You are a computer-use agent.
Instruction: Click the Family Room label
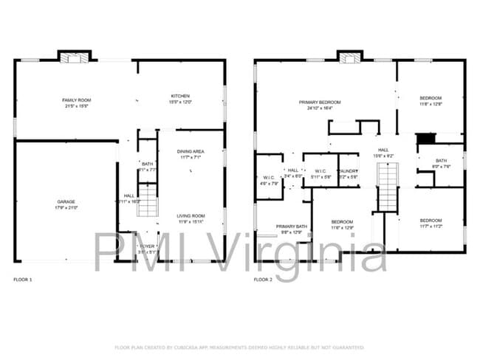pos(75,99)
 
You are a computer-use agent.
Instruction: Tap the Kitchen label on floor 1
pos(181,96)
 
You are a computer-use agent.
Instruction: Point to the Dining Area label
pos(191,151)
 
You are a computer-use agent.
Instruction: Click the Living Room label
pos(191,215)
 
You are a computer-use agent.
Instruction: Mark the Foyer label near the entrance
pos(148,246)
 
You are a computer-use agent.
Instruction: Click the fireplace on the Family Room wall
pos(74,56)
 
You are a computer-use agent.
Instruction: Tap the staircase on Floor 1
pos(148,200)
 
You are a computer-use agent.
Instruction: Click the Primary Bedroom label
pos(320,102)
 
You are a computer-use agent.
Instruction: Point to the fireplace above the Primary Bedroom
pos(350,56)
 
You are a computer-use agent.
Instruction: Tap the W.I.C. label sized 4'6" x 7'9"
pos(269,177)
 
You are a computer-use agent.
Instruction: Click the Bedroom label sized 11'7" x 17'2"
pos(431,221)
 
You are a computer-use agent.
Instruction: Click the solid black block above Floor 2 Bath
pos(426,138)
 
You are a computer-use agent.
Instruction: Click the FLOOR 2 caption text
pos(263,280)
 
